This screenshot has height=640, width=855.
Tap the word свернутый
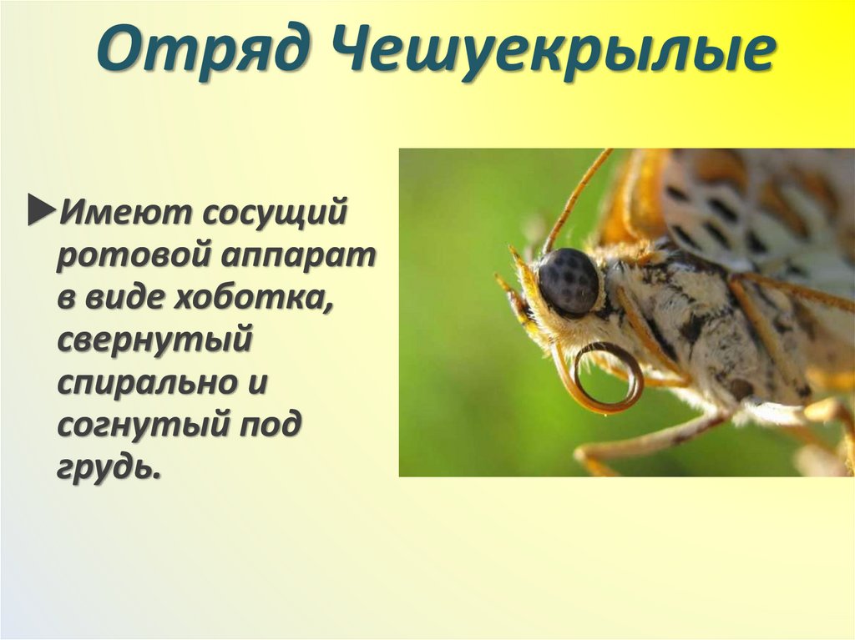click(155, 341)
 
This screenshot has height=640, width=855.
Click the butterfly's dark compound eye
click(569, 280)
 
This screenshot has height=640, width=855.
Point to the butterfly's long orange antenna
click(576, 197)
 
